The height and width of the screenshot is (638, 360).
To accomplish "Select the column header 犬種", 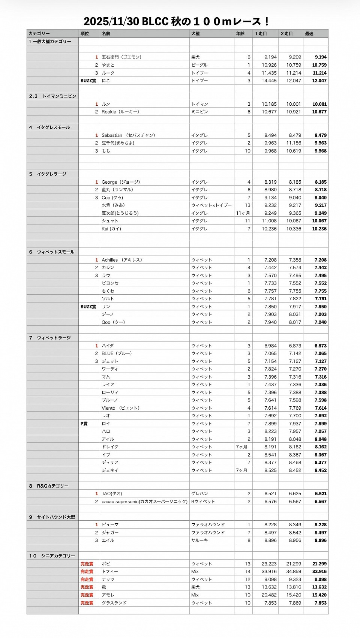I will click(195, 34).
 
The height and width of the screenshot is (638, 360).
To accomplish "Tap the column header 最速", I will click(309, 34).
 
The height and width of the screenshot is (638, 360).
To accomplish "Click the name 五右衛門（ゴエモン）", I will click(121, 57).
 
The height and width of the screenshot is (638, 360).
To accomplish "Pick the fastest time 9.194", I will click(321, 57).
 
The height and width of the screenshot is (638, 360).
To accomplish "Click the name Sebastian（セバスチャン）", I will click(128, 135).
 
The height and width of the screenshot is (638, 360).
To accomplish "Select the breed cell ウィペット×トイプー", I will click(211, 205).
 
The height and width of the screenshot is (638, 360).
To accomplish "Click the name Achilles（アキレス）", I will click(122, 260).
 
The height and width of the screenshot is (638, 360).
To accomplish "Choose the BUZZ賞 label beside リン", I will click(88, 307).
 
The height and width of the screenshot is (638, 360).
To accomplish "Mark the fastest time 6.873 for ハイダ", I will click(321, 346).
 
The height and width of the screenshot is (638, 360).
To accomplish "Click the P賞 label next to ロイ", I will click(84, 424).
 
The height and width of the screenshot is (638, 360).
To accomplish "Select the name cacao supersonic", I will click(144, 502).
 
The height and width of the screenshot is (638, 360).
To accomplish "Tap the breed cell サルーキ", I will click(200, 541).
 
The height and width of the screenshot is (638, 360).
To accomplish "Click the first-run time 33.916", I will click(269, 572).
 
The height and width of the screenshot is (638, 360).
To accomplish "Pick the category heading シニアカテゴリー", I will click(58, 556).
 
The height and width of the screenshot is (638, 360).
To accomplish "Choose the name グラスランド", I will click(114, 603).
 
